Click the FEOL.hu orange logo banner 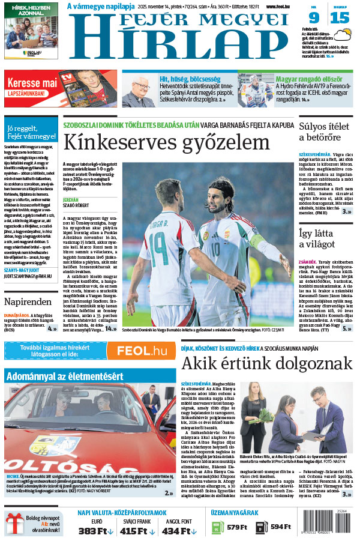(141, 351)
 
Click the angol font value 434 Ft (178, 530)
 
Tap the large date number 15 (339, 17)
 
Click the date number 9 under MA (314, 17)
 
